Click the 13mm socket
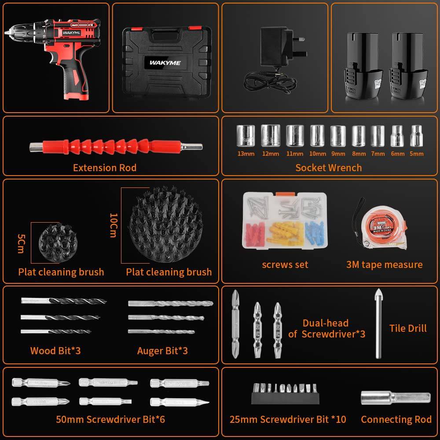(x=246, y=136)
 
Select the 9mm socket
(x=338, y=136)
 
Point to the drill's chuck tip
(x=7, y=32)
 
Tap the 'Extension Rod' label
(x=105, y=168)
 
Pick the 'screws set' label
(x=285, y=264)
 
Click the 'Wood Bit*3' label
(x=55, y=351)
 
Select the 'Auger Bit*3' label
(x=162, y=351)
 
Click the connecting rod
(x=395, y=397)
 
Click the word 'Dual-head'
(x=325, y=323)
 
